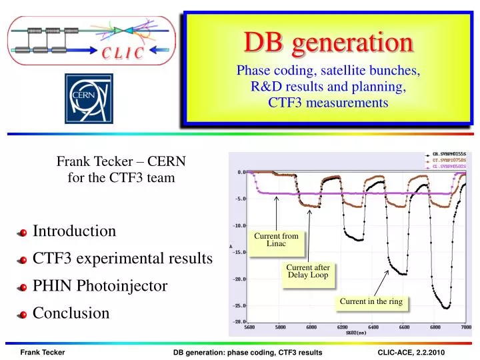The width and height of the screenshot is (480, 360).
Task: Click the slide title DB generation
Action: pos(327,43)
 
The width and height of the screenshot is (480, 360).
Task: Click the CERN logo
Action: pos(89,98)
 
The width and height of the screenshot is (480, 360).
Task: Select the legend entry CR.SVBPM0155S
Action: pos(449,153)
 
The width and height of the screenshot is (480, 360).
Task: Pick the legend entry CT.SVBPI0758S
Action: pos(449,160)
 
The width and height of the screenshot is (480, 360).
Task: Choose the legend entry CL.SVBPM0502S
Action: pos(449,167)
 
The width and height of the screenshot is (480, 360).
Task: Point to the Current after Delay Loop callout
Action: pos(308,271)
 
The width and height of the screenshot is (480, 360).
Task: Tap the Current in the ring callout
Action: pos(371,302)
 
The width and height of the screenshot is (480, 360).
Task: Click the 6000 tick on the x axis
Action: pos(311,327)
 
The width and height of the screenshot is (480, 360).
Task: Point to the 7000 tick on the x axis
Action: pos(465,327)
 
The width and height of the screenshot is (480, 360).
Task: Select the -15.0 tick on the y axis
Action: pos(239,252)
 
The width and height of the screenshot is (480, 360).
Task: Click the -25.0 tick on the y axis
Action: pos(239,306)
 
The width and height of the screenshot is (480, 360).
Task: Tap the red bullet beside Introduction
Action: pos(23,233)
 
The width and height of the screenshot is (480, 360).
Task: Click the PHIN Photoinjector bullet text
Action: pos(100,286)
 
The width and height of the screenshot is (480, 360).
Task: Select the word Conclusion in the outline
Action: pos(71,313)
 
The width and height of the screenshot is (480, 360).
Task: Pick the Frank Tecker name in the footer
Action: pos(43,351)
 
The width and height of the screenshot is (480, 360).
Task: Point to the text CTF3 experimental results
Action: pos(123,259)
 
